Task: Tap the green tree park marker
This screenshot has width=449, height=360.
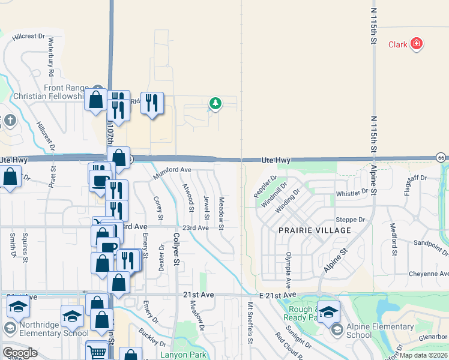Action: tap(215, 104)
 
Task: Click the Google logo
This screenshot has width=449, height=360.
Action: tap(19, 353)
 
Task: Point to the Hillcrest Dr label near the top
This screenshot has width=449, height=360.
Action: tap(24, 36)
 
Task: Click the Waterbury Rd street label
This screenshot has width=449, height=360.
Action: tap(52, 56)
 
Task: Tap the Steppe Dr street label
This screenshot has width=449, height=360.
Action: tap(354, 220)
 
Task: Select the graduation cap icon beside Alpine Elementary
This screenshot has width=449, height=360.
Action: tap(328, 312)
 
